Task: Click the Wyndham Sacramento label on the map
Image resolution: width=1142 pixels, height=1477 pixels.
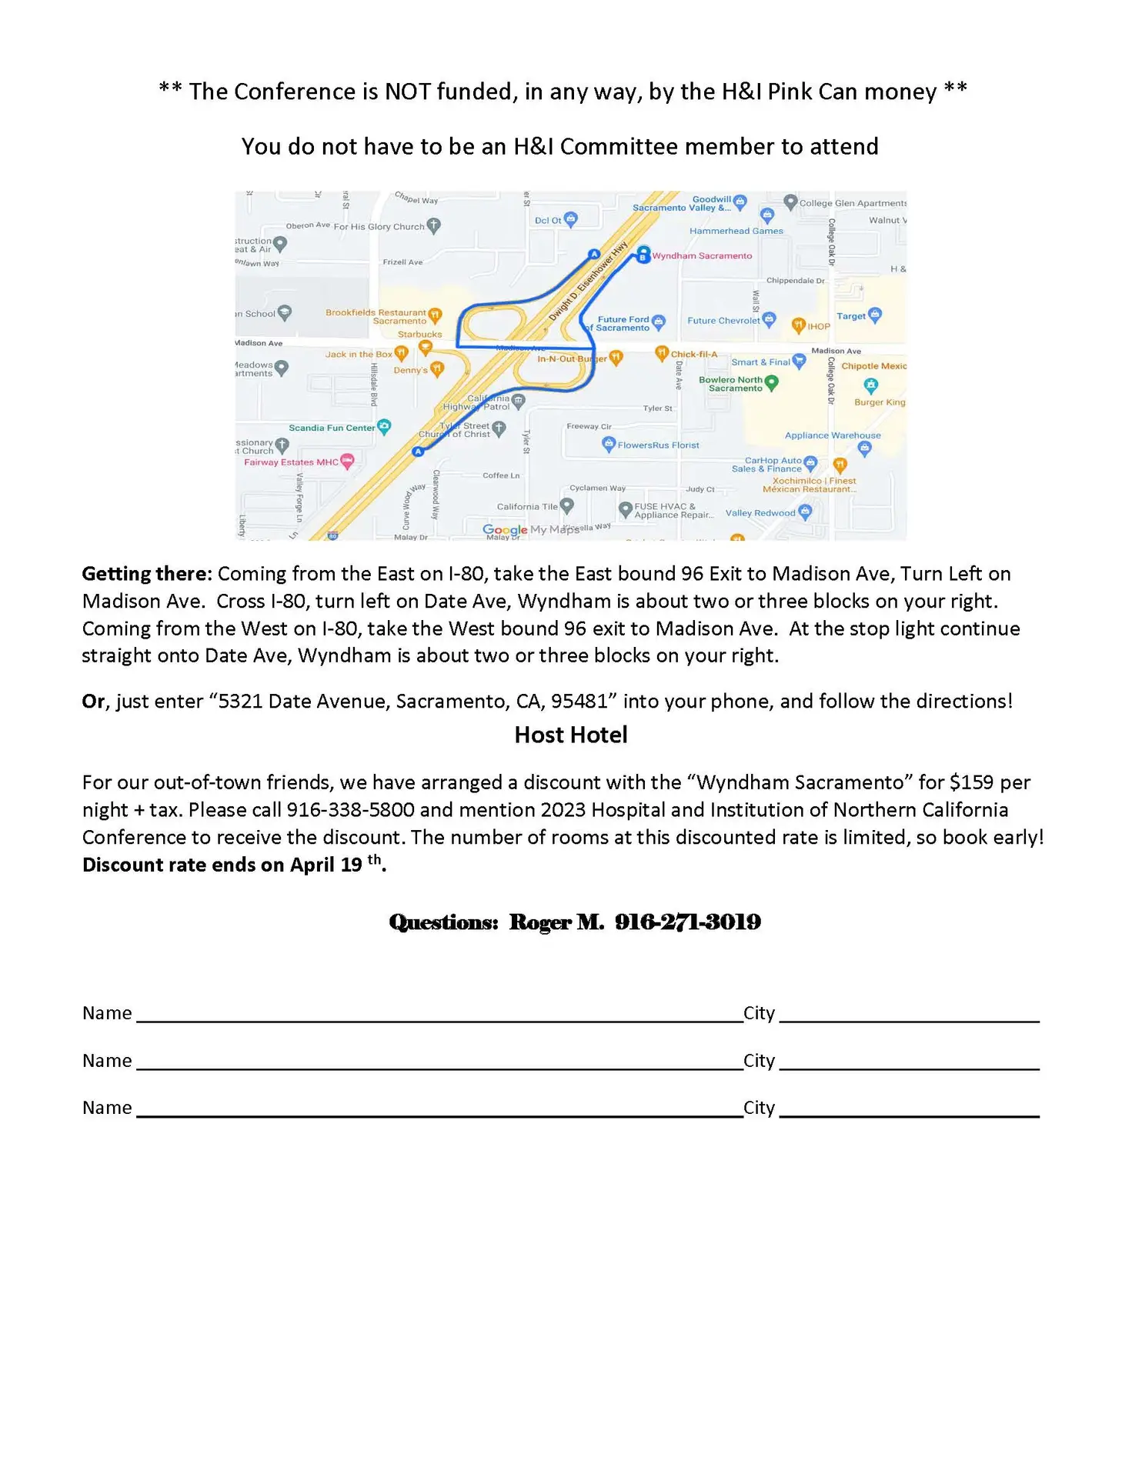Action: (701, 256)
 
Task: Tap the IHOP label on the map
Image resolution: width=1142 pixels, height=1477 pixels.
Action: (818, 327)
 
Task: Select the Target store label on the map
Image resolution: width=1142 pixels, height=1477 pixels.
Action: (851, 316)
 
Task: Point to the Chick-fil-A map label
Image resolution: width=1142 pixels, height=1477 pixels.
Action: (693, 355)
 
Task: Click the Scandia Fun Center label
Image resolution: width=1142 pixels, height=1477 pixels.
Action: (332, 428)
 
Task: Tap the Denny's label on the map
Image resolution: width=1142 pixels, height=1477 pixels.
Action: (410, 370)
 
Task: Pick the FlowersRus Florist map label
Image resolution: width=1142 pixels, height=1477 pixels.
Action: (658, 445)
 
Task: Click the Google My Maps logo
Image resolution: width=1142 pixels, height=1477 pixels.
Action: (530, 529)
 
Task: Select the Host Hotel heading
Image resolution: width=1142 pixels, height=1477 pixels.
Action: (571, 735)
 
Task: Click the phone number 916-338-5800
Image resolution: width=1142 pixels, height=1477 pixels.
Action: (350, 810)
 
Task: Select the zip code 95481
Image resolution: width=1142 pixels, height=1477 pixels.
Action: (579, 702)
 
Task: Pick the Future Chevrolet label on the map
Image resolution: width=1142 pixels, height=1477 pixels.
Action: (723, 321)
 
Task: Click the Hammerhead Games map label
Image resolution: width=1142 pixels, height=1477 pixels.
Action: (736, 231)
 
